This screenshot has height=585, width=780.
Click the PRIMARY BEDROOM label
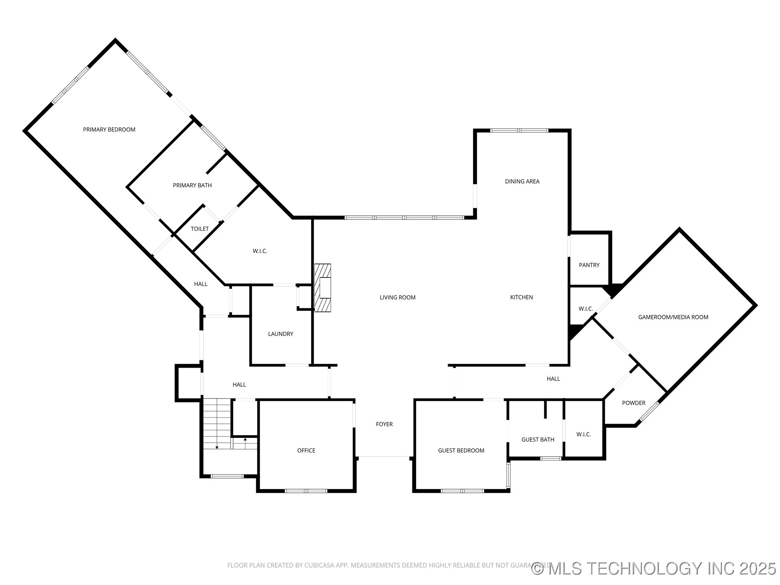point(109,130)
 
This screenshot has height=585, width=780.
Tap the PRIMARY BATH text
point(192,185)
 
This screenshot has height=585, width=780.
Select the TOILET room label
point(199,229)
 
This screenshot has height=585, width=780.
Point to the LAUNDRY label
point(280,334)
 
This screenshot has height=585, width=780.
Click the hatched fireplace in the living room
point(323,288)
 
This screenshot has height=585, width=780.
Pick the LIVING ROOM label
point(397,297)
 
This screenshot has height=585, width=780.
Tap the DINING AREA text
point(522,182)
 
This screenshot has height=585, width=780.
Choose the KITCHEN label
point(521,297)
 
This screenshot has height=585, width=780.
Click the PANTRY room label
point(589,265)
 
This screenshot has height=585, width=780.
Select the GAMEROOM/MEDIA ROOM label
point(673,317)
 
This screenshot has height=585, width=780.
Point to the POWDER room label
point(633,403)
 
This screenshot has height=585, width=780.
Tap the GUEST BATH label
point(537,440)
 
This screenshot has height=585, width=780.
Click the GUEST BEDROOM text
point(461,451)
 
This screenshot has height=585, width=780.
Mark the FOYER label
point(384,424)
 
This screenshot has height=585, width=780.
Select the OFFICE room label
point(306,451)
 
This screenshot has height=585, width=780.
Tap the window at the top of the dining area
point(519,130)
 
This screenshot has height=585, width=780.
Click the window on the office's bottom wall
point(306,491)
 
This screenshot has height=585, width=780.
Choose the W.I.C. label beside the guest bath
point(583,434)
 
